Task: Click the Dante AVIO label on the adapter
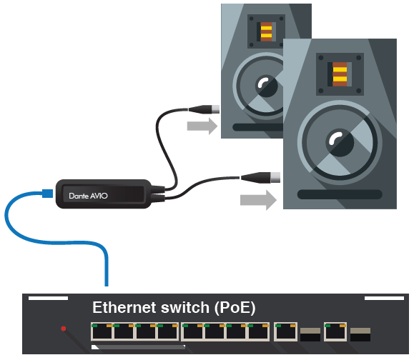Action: coord(88,196)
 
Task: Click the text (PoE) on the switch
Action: coord(235,308)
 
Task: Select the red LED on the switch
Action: coord(64,329)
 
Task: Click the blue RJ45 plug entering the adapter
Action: coord(47,194)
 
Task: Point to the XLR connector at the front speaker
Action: coord(260,177)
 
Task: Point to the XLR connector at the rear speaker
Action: coord(204,109)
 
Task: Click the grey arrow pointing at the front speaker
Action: coord(258,200)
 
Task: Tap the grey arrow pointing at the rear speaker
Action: coord(202,126)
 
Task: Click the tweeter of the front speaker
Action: coord(340,74)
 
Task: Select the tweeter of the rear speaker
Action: coord(266,31)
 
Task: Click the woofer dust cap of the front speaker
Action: coord(340,143)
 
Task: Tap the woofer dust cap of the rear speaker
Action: coord(267,86)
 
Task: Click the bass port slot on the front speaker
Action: coord(340,194)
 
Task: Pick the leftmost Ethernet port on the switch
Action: coord(102,331)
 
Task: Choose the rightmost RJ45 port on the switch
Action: coord(335,331)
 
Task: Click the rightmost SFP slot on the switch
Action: coord(360,334)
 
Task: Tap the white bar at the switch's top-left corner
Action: coord(48,298)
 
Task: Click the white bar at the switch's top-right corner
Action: coord(384,298)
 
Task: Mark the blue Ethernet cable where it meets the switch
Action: coord(107,286)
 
